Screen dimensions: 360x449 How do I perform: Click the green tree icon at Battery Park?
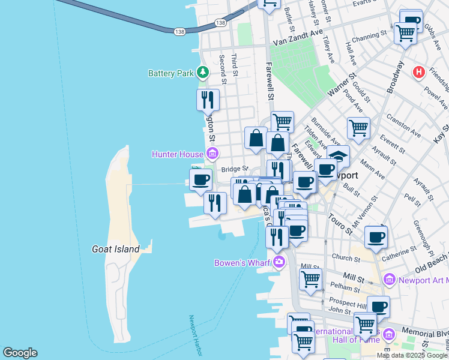coord(203,73)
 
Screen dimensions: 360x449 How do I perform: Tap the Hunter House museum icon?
coord(211,154)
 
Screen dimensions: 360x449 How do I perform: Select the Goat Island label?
coord(115,249)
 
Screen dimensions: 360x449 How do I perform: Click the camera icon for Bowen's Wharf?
coord(279,262)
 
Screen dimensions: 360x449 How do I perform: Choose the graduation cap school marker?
coord(338,155)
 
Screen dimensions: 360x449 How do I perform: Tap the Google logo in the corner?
coord(20,353)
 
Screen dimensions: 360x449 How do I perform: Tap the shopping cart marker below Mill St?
coord(310,279)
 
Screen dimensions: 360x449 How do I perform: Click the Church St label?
coord(345,259)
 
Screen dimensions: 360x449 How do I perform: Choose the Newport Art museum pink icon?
coord(389,280)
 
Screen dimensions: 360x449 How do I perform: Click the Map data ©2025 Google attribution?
coord(412,355)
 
